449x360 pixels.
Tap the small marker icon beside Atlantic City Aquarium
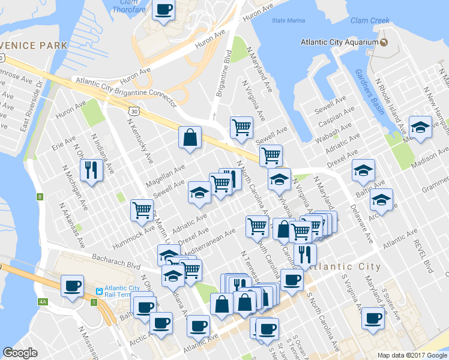pyautogui.click(x=382, y=42)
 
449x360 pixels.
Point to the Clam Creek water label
pyautogui.click(x=370, y=20)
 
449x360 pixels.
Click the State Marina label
pyautogui.click(x=288, y=20)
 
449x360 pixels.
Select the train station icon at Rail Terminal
pyautogui.click(x=98, y=291)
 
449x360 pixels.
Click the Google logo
pyautogui.click(x=20, y=353)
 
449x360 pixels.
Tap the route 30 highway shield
pyautogui.click(x=133, y=111)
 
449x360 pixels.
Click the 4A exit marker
pyautogui.click(x=42, y=301)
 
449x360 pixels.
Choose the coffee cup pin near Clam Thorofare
pyautogui.click(x=164, y=10)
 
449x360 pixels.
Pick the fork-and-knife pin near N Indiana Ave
pyautogui.click(x=91, y=169)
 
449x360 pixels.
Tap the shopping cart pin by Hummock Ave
pyautogui.click(x=142, y=210)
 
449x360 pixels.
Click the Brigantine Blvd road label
pyautogui.click(x=223, y=76)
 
